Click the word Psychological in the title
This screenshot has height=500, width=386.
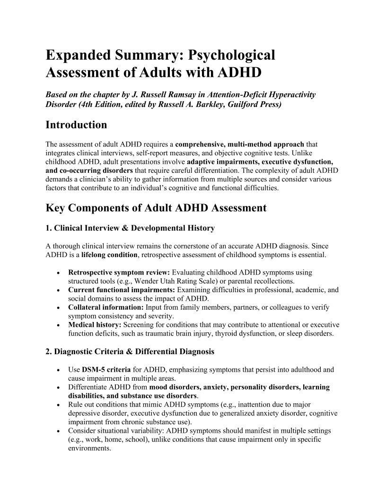point(231,55)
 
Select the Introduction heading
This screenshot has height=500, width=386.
point(76,125)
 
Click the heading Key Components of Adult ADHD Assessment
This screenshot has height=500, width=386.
point(156,208)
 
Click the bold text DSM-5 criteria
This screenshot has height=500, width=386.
point(104,369)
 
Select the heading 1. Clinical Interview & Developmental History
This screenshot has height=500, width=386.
point(130,228)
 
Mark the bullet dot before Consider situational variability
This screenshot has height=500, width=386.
point(57,431)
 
